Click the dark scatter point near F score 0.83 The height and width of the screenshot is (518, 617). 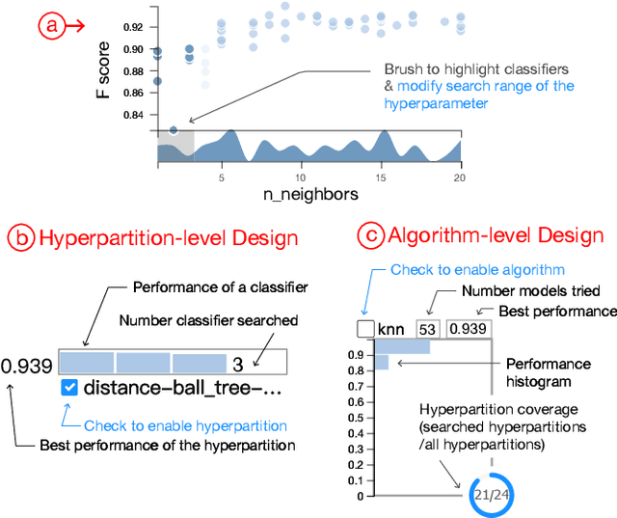(174, 129)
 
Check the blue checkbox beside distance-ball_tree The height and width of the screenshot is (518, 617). (68, 389)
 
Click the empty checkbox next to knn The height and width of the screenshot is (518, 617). (365, 329)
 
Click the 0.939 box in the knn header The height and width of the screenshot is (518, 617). (469, 329)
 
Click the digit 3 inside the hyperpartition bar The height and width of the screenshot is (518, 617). (236, 363)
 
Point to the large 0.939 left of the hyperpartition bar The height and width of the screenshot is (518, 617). (27, 366)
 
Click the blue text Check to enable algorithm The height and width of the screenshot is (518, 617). (477, 270)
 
